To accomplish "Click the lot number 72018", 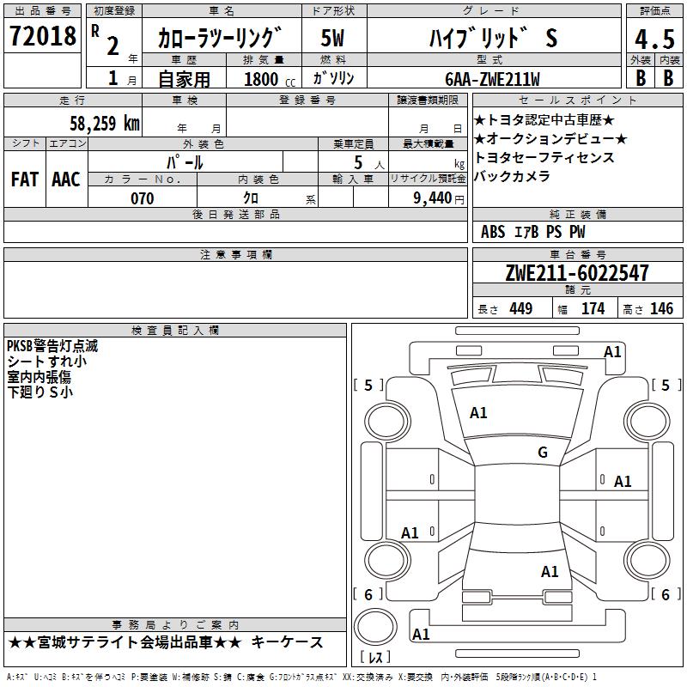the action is pyautogui.click(x=42, y=36).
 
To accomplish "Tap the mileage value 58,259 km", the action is pyautogui.click(x=104, y=123).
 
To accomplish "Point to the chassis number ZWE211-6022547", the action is pyautogui.click(x=577, y=273).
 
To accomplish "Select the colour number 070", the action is pyautogui.click(x=142, y=198).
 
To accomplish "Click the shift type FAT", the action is pyautogui.click(x=24, y=179).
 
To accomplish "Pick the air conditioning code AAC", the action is pyautogui.click(x=65, y=179).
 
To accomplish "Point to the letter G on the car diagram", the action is pyautogui.click(x=543, y=453).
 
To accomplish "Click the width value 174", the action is pyautogui.click(x=593, y=309).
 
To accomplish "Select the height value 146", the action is pyautogui.click(x=661, y=309).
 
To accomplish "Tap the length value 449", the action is pyautogui.click(x=520, y=309).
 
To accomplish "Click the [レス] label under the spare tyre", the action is pyautogui.click(x=375, y=659).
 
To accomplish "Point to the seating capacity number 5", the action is pyautogui.click(x=357, y=161).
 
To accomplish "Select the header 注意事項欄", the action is pyautogui.click(x=235, y=255).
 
